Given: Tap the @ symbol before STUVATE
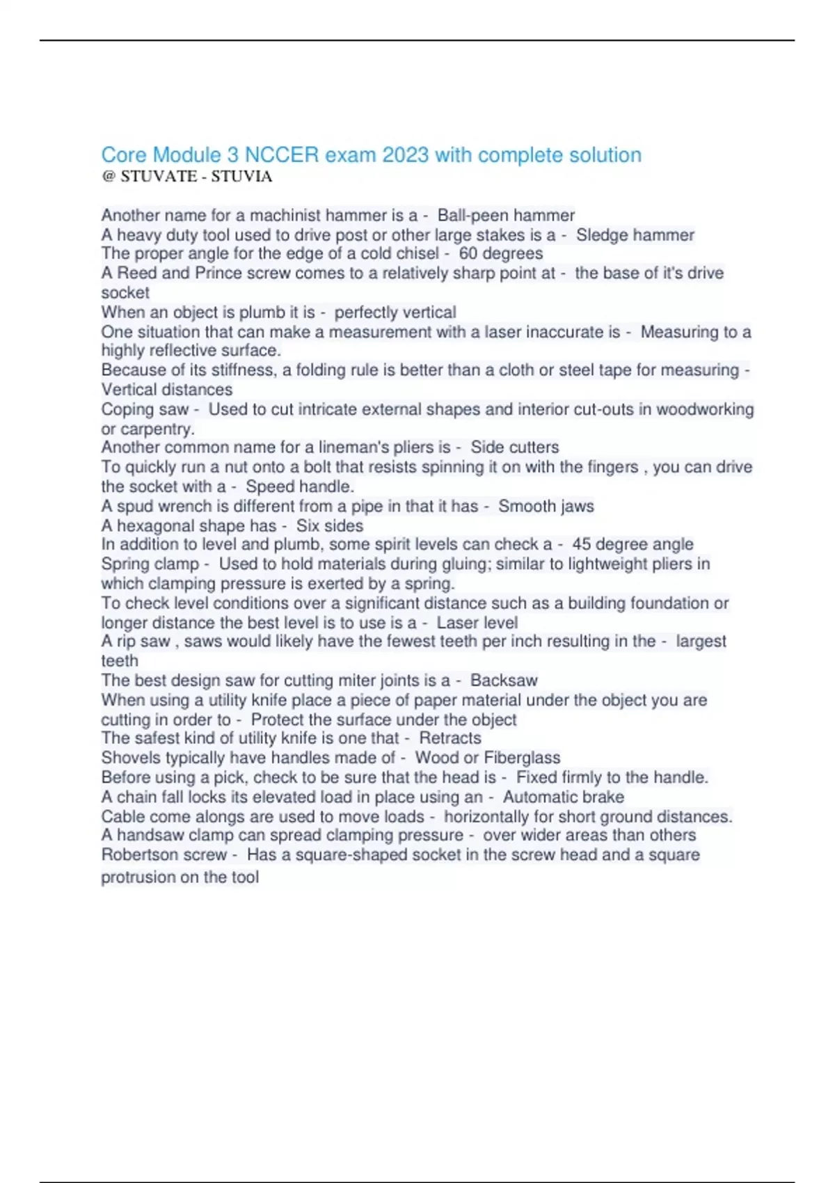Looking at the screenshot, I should pyautogui.click(x=108, y=176).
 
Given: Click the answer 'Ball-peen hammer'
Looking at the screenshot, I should pyautogui.click(x=506, y=215).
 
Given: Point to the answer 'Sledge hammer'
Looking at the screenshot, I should pyautogui.click(x=635, y=235).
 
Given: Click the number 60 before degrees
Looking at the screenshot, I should pyautogui.click(x=468, y=253).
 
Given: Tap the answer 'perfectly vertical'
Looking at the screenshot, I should pyautogui.click(x=395, y=312).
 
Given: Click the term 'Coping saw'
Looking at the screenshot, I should pyautogui.click(x=145, y=409).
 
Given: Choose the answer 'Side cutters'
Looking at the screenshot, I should pyautogui.click(x=514, y=447).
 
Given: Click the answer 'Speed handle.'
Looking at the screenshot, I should pyautogui.click(x=300, y=486).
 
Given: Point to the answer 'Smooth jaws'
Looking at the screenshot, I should pyautogui.click(x=546, y=506).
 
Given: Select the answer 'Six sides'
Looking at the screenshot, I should pyautogui.click(x=330, y=525).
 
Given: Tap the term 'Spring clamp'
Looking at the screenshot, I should pyautogui.click(x=150, y=564).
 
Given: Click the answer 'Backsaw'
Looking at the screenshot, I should pyautogui.click(x=504, y=680).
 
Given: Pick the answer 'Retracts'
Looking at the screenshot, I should pyautogui.click(x=450, y=738).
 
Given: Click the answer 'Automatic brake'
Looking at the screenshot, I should pyautogui.click(x=563, y=797).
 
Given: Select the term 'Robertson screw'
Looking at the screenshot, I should pyautogui.click(x=164, y=855).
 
